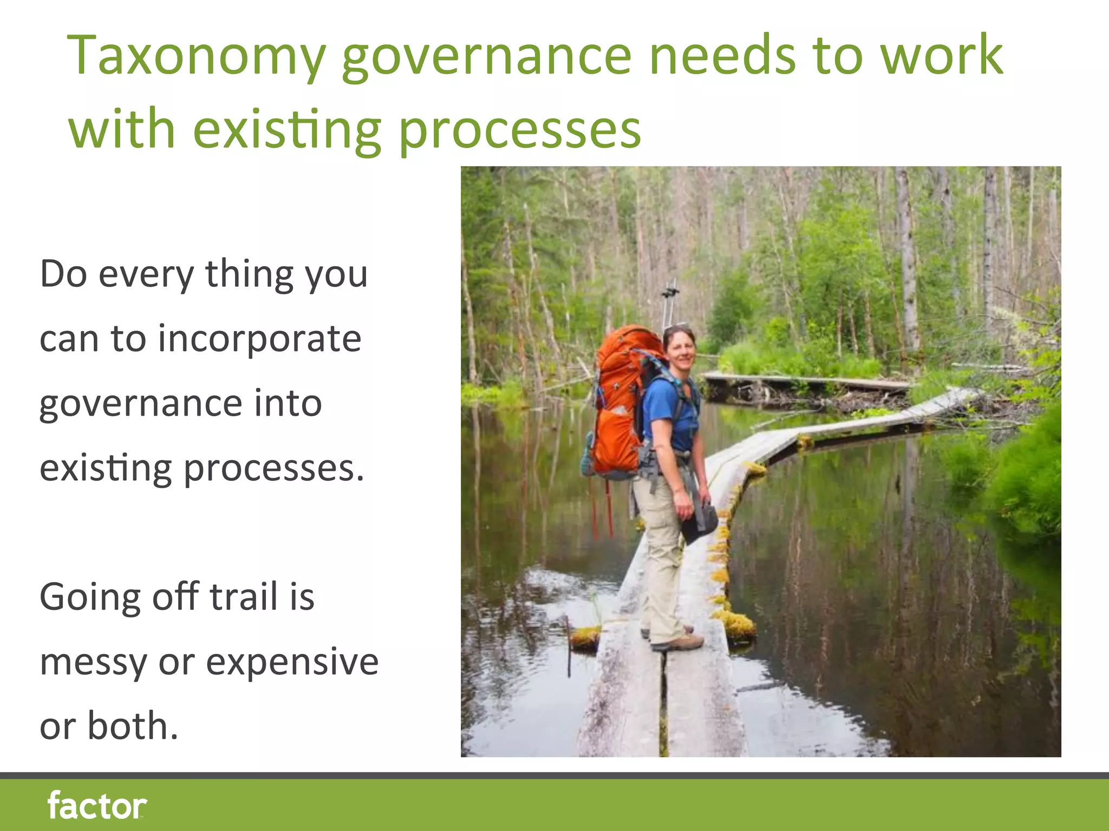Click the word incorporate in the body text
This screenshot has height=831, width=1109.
(x=259, y=339)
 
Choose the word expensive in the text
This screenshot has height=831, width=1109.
(x=292, y=662)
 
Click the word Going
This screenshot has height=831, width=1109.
(x=90, y=598)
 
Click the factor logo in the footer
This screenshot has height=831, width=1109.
(x=97, y=806)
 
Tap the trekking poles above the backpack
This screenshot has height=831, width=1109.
(x=670, y=303)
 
